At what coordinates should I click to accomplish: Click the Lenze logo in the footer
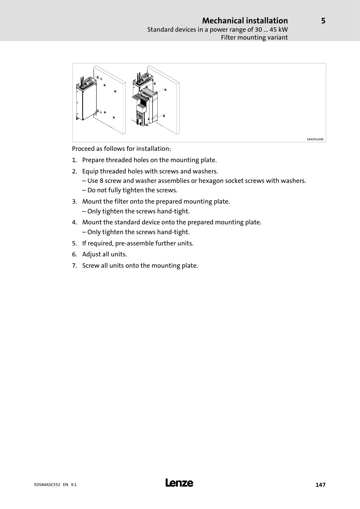[x=179, y=483]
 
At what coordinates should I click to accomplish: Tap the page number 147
[x=320, y=485]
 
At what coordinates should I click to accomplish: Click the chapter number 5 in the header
[x=323, y=21]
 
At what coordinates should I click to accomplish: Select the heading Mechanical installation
[x=245, y=21]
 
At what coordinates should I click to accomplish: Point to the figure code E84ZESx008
[x=315, y=139]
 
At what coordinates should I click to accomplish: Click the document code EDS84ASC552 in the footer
[x=45, y=485]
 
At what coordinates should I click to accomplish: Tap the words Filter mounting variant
[x=254, y=37]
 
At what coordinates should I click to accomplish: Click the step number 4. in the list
[x=74, y=222]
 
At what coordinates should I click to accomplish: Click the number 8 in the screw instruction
[x=102, y=181]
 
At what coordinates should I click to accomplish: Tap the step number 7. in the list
[x=74, y=265]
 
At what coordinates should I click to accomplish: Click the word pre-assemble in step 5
[x=134, y=243]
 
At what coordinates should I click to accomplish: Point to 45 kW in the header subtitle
[x=278, y=29]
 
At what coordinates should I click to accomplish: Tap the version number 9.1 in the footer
[x=74, y=485]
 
